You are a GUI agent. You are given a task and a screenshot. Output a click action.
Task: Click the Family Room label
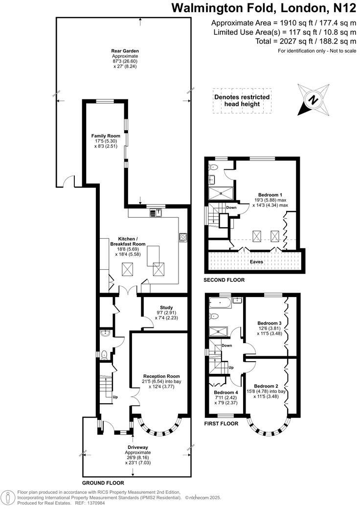(103, 136)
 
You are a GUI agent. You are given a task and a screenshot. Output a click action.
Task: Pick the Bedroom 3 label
(270, 324)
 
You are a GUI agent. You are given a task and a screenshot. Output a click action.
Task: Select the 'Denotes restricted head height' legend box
(242, 101)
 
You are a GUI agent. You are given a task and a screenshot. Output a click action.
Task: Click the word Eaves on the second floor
(257, 262)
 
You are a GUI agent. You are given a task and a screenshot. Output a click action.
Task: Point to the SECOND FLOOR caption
(224, 280)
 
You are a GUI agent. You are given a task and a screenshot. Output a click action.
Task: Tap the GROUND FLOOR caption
(103, 483)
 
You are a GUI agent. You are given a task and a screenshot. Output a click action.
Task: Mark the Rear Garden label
(124, 50)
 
